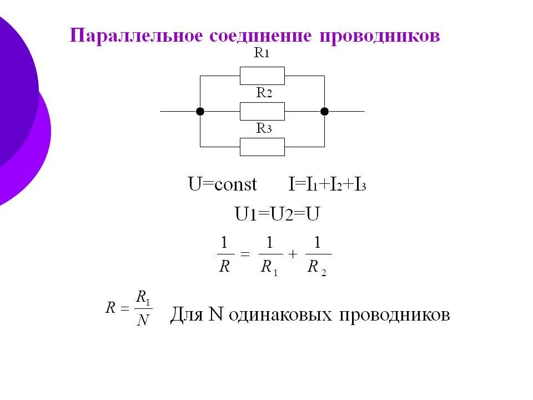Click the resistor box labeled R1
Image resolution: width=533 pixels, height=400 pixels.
tap(262, 76)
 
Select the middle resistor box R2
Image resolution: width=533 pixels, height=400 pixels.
tap(262, 111)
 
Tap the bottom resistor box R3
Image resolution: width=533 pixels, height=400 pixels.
tap(262, 147)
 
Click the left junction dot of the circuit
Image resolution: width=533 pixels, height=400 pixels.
tap(200, 111)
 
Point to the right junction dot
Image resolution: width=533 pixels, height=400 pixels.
tap(325, 111)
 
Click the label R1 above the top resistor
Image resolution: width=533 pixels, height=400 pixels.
tap(262, 54)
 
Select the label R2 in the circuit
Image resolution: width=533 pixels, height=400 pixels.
tap(264, 93)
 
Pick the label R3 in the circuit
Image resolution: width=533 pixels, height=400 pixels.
tap(264, 129)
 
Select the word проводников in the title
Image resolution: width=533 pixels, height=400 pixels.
tap(380, 36)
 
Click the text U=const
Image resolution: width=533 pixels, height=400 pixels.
tap(222, 184)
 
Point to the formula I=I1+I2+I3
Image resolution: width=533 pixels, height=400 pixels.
tap(327, 184)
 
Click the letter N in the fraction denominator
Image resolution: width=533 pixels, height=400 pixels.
tap(143, 321)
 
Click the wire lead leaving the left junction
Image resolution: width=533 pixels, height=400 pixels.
tap(179, 111)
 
